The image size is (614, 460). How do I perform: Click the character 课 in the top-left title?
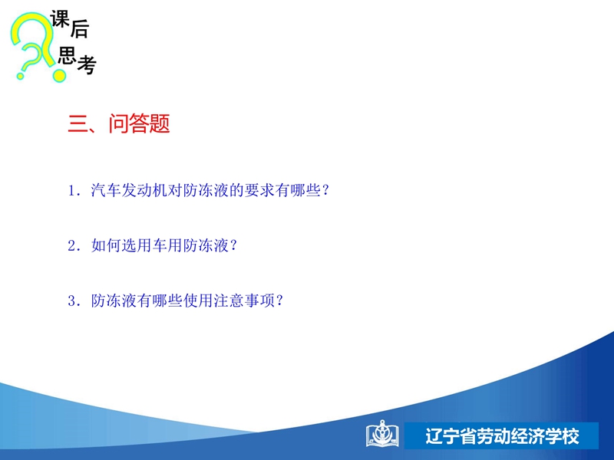point(60,18)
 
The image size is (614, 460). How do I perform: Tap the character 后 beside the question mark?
point(80,29)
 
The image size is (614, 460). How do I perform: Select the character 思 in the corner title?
point(67,54)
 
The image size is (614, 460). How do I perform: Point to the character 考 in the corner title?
point(87,64)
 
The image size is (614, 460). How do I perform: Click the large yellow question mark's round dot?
point(59,74)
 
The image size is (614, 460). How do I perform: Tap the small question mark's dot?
point(21,75)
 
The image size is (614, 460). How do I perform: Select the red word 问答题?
point(139,123)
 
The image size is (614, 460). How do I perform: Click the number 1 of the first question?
point(71,190)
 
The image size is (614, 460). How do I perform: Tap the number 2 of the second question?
point(71,245)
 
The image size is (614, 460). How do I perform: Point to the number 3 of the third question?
point(71,301)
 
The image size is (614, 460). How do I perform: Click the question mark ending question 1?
point(325,190)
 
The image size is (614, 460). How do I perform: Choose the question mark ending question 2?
point(233,245)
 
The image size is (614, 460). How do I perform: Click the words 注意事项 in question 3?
point(244,301)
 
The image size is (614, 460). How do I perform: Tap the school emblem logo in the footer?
point(382,433)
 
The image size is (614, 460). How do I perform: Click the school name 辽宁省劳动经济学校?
point(502,436)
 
